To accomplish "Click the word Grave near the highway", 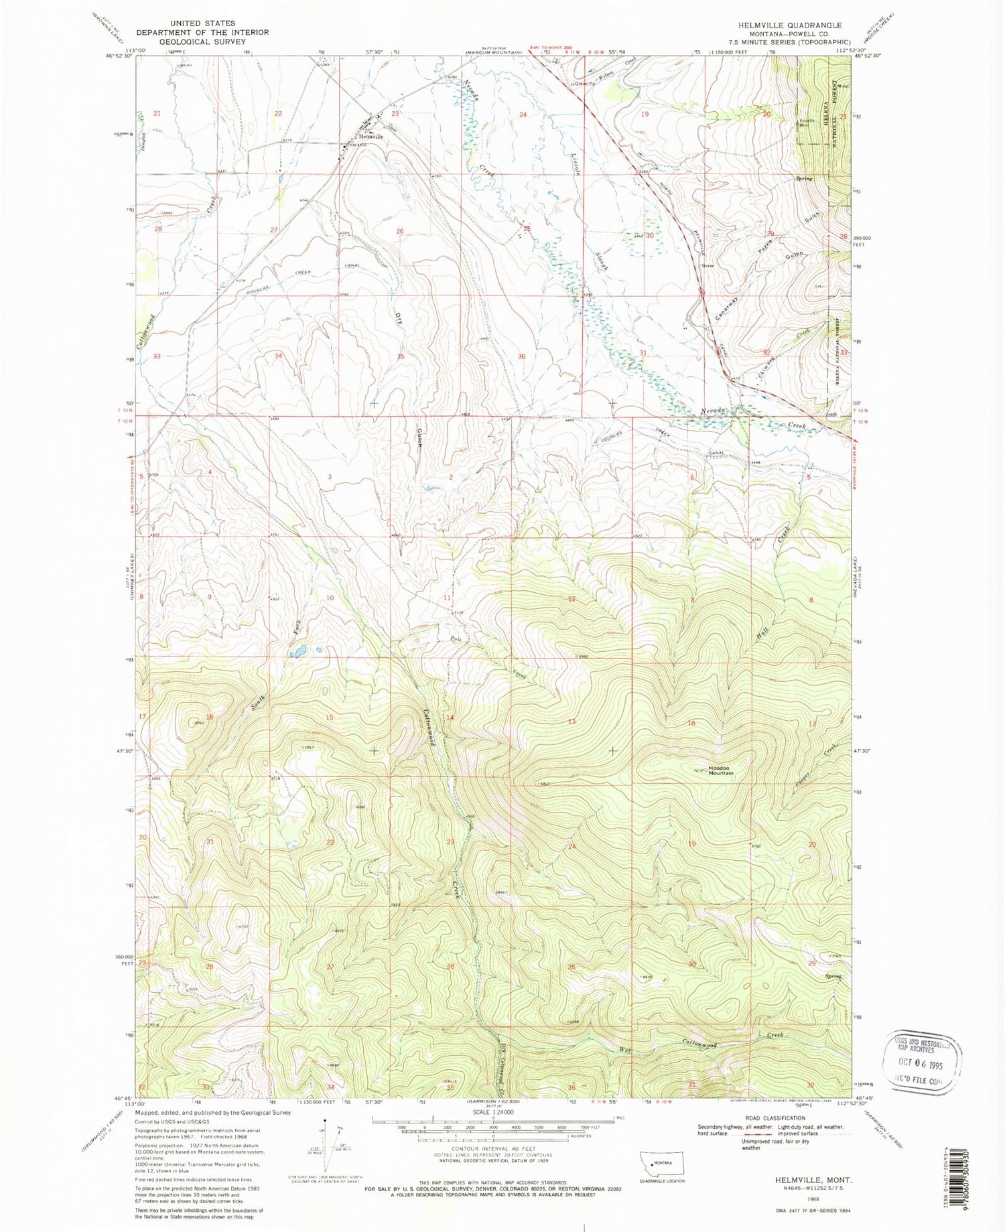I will tap(708, 266).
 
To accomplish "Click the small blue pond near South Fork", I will tap(299, 651).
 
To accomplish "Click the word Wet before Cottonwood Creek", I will tap(626, 1049).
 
